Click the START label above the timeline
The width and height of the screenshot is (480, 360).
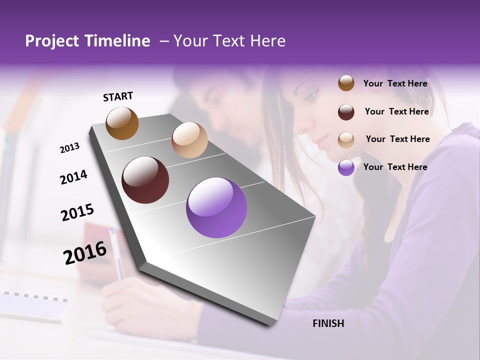pyautogui.click(x=118, y=96)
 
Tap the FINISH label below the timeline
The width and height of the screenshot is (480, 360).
pyautogui.click(x=328, y=323)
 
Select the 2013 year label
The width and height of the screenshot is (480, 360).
pyautogui.click(x=70, y=147)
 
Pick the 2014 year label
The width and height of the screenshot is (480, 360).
pyautogui.click(x=73, y=177)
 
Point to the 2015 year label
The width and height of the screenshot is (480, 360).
pyautogui.click(x=77, y=212)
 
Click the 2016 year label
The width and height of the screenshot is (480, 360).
pyautogui.click(x=84, y=253)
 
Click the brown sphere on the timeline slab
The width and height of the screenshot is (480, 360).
pyautogui.click(x=122, y=123)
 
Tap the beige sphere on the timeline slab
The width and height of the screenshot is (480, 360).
pyautogui.click(x=189, y=140)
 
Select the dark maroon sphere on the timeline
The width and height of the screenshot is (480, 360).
pyautogui.click(x=145, y=180)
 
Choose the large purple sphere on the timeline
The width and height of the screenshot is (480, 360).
pyautogui.click(x=216, y=207)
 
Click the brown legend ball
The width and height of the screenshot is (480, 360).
pyautogui.click(x=346, y=83)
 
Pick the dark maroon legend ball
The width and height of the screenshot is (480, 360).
pyautogui.click(x=346, y=112)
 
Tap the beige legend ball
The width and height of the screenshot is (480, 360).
pyautogui.click(x=346, y=140)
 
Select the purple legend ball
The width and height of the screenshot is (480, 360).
pyautogui.click(x=346, y=167)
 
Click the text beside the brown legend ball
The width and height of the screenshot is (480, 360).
pyautogui.click(x=395, y=83)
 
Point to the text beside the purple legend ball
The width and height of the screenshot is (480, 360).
pyautogui.click(x=395, y=167)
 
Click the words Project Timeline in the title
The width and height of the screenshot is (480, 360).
pyautogui.click(x=87, y=41)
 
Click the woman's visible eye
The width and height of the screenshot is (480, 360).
pyautogui.click(x=310, y=93)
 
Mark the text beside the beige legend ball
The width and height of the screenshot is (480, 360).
pyautogui.click(x=397, y=139)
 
